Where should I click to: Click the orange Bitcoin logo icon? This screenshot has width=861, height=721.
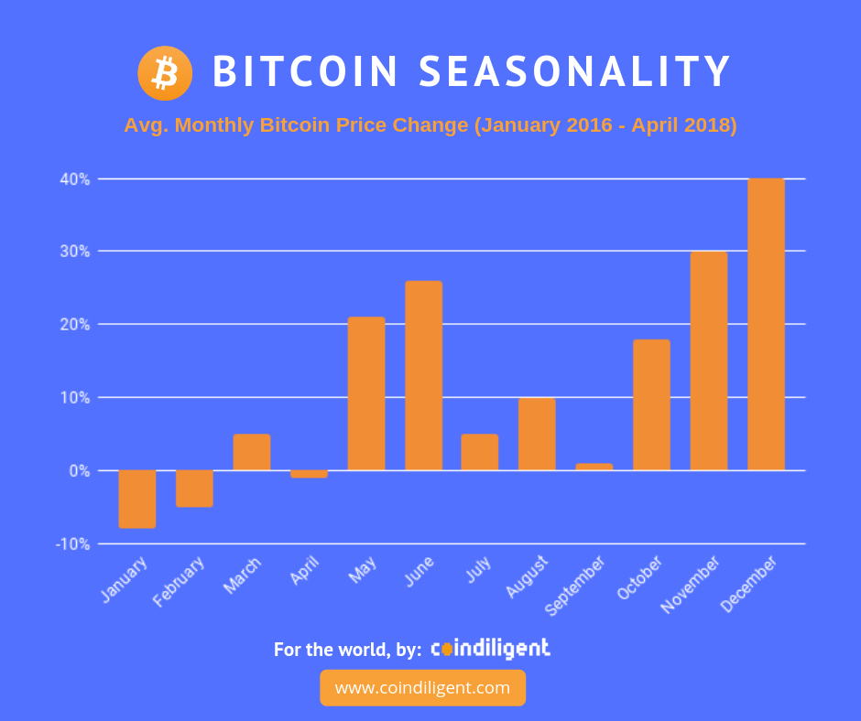click(165, 73)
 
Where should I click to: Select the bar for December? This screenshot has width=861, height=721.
click(766, 324)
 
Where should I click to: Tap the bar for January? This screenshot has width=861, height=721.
click(137, 499)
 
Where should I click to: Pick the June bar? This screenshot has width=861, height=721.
click(423, 375)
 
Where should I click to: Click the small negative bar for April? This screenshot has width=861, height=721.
click(310, 474)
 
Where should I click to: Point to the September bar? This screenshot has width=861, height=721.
click(594, 467)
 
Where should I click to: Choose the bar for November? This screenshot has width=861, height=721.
click(709, 360)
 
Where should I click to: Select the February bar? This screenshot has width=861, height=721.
click(194, 489)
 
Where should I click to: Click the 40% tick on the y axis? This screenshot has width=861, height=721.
click(75, 179)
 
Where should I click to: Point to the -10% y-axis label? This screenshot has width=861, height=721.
click(72, 543)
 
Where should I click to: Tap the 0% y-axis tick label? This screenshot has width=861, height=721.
click(80, 471)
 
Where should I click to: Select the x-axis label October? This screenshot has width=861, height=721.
click(639, 577)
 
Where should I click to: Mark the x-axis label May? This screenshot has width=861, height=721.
click(363, 569)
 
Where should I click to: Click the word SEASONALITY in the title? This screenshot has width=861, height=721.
click(574, 71)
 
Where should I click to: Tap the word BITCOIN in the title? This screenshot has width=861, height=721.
click(305, 71)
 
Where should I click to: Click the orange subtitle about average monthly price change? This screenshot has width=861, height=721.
click(430, 125)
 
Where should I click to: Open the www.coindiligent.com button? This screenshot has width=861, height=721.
click(423, 687)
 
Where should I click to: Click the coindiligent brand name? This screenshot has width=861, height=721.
click(490, 649)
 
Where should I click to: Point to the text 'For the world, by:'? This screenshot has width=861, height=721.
click(347, 649)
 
